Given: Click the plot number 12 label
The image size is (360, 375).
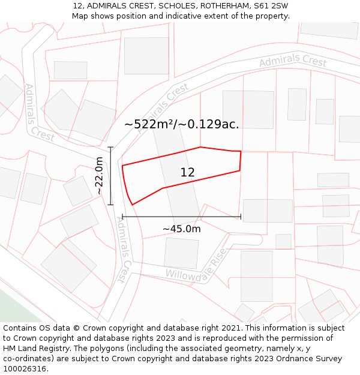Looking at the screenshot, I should pyautogui.click(x=187, y=173).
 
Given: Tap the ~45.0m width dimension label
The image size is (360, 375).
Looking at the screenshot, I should pyautogui.click(x=181, y=229).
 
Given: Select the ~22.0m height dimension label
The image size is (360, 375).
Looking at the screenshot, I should pyautogui.click(x=100, y=175).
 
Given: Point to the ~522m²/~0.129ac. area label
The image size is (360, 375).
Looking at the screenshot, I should pyautogui.click(x=181, y=124).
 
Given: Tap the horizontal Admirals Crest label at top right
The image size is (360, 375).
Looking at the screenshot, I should pyautogui.click(x=293, y=62).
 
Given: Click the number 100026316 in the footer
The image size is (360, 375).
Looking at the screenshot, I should pyautogui.click(x=25, y=368).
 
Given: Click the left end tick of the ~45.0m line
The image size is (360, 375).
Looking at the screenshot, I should pyautogui.click(x=122, y=217).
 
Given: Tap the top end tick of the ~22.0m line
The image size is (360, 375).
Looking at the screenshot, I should pyautogui.click(x=111, y=147).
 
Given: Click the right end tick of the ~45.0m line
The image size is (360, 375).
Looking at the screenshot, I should pyautogui.click(x=241, y=217).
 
